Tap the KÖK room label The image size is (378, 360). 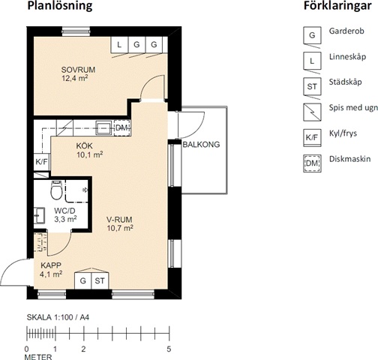tap(85, 145)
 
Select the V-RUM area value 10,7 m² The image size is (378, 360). tap(120, 228)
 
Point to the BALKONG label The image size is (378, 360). tap(202, 145)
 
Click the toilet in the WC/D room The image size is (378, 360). tap(56, 190)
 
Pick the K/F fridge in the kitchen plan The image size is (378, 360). tap(41, 162)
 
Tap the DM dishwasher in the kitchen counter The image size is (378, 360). tap(122, 128)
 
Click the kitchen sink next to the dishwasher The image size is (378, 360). tap(103, 127)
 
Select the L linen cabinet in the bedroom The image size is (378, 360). tap(119, 45)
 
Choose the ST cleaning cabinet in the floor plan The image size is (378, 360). tap(100, 280)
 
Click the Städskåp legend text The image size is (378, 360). tap(345, 82)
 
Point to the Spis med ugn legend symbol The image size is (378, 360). tap(312, 112)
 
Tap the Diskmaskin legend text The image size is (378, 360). tap(349, 159)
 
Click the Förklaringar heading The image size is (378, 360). tap(337, 6)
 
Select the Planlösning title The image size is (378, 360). tap(60, 6)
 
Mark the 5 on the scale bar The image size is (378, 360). tap(169, 349)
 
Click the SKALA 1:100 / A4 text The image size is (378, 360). tap(58, 317)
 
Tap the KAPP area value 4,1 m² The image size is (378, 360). tap(51, 274)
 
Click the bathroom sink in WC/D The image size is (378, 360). tap(40, 215)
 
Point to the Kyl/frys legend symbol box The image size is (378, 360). tap(312, 138)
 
